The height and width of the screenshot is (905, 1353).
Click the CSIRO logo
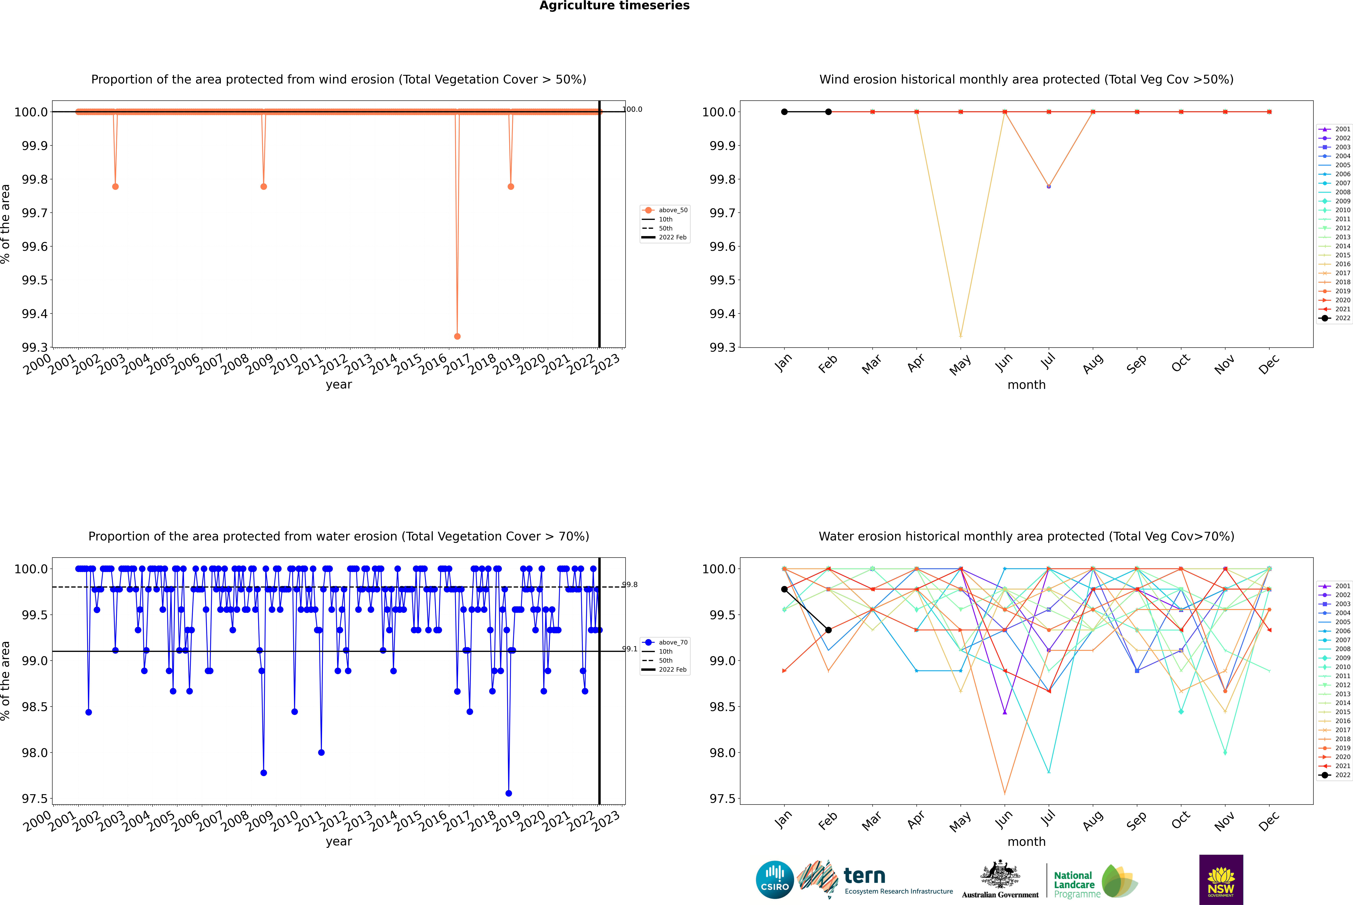point(775,880)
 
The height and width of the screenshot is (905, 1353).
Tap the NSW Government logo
point(1221,880)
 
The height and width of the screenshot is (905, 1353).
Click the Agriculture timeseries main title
point(614,6)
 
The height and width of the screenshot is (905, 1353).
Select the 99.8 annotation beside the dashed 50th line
point(630,585)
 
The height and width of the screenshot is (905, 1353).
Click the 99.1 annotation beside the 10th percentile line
point(630,649)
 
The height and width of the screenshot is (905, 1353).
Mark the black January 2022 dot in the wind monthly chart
point(784,112)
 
